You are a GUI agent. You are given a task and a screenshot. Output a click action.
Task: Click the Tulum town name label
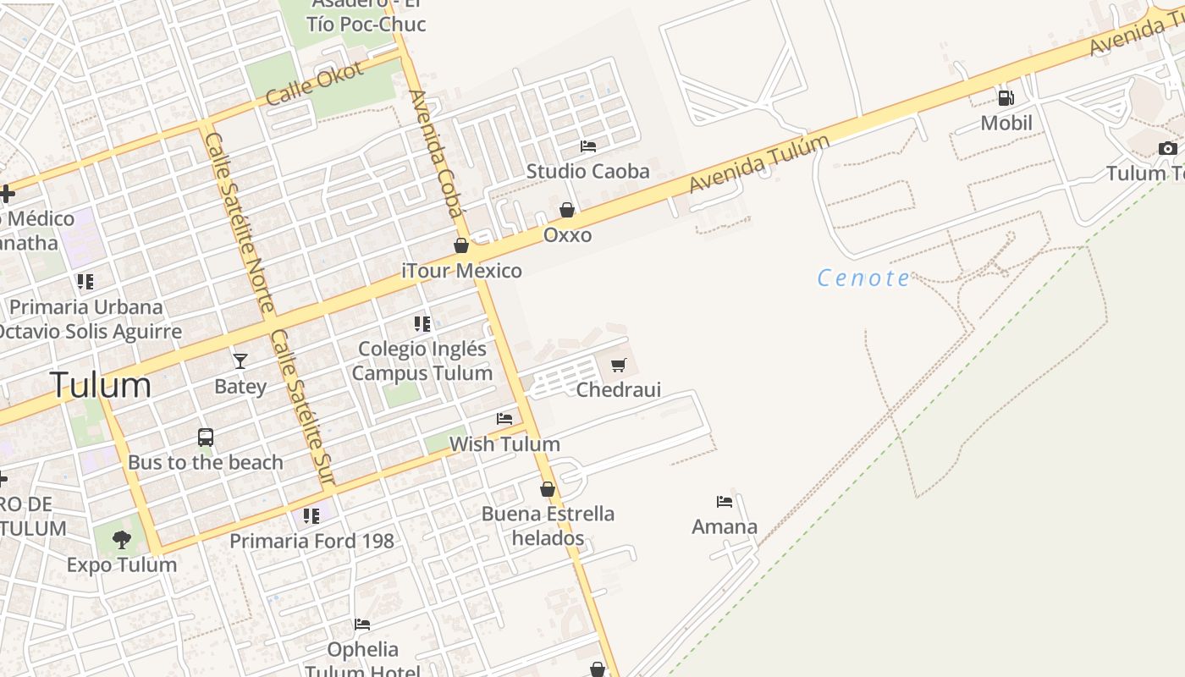pos(101,385)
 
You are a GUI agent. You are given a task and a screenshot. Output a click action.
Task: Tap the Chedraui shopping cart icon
pos(618,366)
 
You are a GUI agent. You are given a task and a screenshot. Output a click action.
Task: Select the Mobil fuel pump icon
pos(1006,98)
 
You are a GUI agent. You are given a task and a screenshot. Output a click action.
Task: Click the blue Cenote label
pos(863,278)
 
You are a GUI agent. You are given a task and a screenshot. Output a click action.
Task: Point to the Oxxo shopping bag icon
pos(567,210)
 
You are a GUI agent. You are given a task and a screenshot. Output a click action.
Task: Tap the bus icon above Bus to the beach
pos(206,438)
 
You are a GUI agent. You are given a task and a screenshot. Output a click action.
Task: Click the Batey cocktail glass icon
pos(240,361)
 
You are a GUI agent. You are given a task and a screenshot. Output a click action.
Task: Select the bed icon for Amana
pos(725,502)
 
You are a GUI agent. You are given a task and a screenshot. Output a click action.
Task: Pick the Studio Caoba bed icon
pos(588,146)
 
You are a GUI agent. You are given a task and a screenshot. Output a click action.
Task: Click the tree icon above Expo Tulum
pos(122,539)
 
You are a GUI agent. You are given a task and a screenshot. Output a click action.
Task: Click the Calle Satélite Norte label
pos(240,222)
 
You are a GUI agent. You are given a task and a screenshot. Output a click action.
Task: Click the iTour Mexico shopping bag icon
pos(461,246)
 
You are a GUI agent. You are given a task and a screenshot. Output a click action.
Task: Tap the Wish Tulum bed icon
pos(504,419)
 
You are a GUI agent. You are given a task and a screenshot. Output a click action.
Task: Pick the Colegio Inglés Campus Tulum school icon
pos(422,324)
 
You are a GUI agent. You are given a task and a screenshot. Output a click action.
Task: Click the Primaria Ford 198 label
pos(311,540)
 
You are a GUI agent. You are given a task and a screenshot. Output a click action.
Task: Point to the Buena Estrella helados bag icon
pos(548,489)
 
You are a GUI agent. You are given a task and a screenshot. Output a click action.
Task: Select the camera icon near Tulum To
pos(1168,149)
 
